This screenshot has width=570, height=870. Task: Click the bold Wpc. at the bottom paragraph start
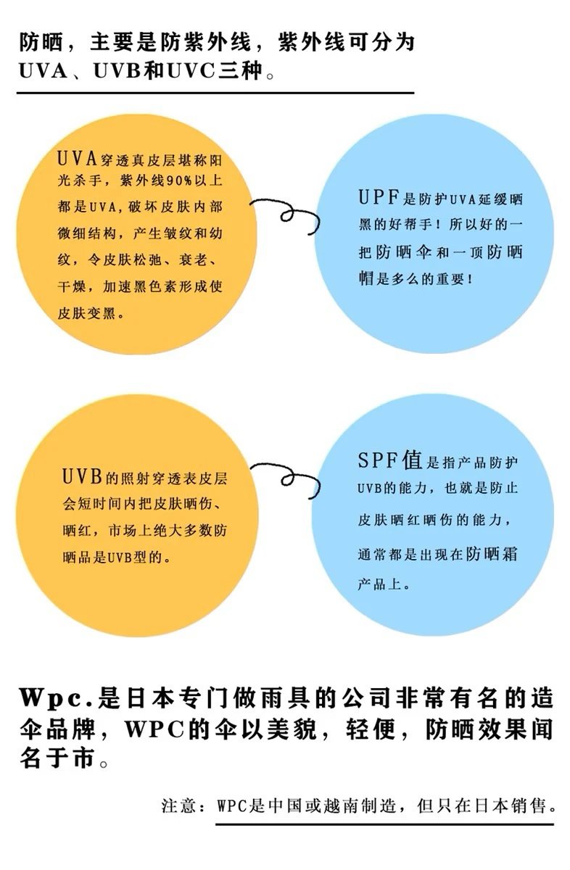point(54,699)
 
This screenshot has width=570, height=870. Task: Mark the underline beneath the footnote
point(384,824)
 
